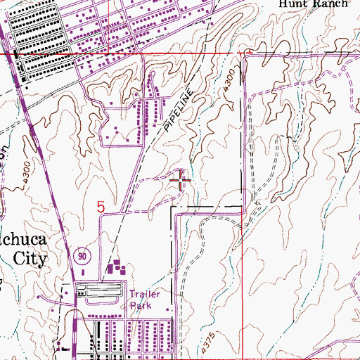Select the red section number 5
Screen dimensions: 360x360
coord(101,207)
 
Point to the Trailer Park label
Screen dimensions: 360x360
coord(144,300)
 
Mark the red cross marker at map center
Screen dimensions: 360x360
coord(181,182)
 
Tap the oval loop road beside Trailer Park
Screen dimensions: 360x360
coord(102,290)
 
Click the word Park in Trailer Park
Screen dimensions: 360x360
coord(139,306)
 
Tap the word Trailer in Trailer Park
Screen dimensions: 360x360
coord(145,295)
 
